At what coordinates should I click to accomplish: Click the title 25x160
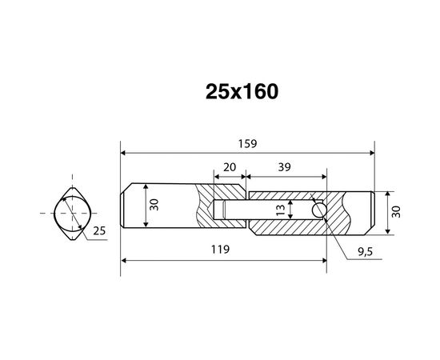[x=242, y=92]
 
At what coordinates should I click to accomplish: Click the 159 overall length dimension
[x=247, y=144]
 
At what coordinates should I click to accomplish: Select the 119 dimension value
[x=220, y=249]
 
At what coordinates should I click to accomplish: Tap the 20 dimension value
[x=230, y=167]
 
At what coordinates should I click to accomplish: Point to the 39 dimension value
[x=284, y=167]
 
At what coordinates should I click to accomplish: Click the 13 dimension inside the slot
[x=281, y=210]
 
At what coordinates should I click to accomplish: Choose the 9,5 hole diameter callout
[x=365, y=252]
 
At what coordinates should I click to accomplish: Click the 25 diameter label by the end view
[x=99, y=230]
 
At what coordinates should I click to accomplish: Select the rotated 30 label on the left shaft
[x=154, y=205]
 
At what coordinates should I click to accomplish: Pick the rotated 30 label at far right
[x=396, y=212]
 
